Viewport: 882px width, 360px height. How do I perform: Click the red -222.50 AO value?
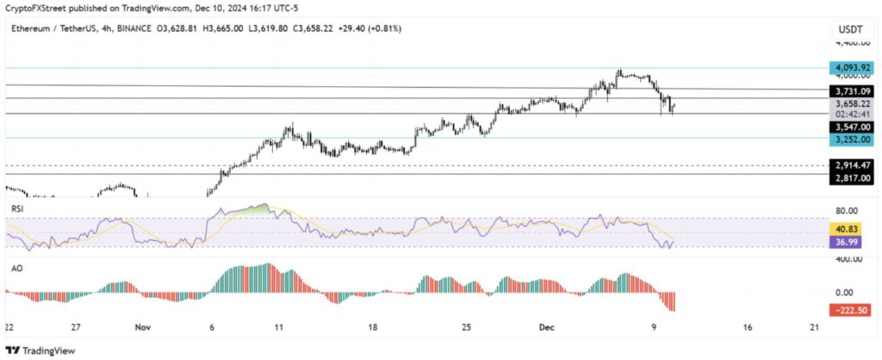[848, 309]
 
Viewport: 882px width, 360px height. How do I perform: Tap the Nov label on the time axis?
[143, 328]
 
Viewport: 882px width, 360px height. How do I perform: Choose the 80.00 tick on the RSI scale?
[848, 210]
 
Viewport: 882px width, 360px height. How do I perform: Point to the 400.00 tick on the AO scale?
[848, 258]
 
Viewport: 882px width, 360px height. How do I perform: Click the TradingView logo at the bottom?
[40, 351]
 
